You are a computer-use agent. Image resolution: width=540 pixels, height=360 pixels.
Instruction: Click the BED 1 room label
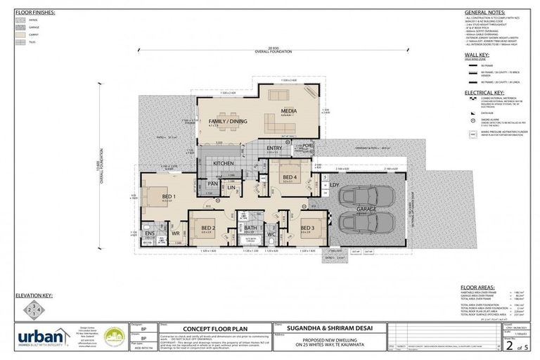(168, 197)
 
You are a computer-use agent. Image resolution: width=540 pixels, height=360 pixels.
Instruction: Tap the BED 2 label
(208, 228)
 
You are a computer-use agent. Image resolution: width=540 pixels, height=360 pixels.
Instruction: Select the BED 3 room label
(307, 228)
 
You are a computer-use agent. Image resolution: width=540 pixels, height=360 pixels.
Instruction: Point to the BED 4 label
(290, 177)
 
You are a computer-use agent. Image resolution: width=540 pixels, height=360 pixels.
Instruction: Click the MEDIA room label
(288, 110)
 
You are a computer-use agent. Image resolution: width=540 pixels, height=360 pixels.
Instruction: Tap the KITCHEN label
(223, 163)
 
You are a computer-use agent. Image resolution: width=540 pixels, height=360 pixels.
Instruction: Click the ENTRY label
(274, 148)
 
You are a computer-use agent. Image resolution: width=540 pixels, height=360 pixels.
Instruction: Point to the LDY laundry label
(334, 185)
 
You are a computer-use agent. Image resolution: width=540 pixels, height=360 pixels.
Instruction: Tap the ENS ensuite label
(149, 233)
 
